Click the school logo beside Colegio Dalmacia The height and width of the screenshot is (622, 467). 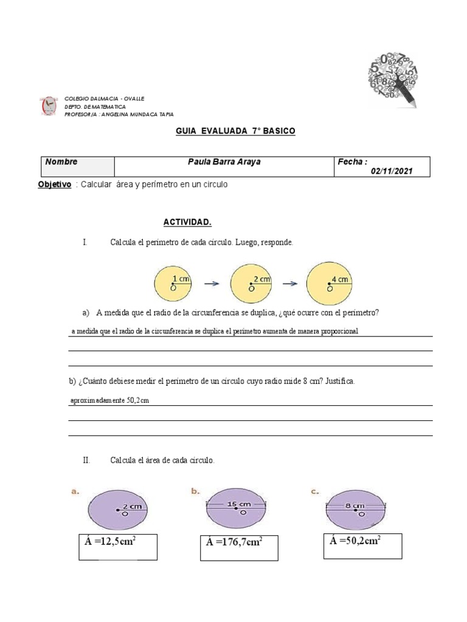tap(48, 106)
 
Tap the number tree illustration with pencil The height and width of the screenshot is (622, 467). tap(393, 78)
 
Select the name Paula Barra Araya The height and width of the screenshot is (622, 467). tap(224, 162)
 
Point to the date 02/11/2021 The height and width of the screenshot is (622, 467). tap(392, 171)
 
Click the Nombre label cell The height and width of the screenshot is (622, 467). tap(77, 166)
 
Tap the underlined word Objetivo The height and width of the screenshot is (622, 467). tap(55, 184)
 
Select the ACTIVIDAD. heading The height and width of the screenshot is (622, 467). tap(188, 222)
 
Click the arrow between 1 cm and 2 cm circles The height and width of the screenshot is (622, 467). tap(211, 283)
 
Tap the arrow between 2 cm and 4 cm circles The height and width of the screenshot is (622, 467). tap(289, 283)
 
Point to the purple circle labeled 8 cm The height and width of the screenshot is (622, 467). tap(356, 508)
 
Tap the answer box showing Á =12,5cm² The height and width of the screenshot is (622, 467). tap(117, 547)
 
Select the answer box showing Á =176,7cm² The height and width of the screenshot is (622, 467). tap(239, 548)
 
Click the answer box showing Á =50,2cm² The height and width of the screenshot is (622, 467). tap(362, 545)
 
